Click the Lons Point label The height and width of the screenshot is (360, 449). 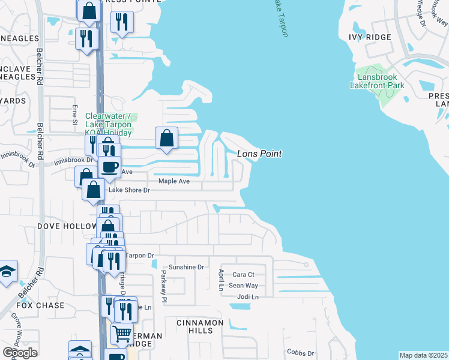click(x=259, y=154)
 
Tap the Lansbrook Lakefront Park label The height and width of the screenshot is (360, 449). click(x=377, y=81)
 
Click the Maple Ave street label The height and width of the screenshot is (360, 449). click(x=173, y=181)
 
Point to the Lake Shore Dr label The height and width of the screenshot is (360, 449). click(x=128, y=190)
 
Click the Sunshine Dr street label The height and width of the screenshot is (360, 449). click(x=186, y=267)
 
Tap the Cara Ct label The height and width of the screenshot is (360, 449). click(x=244, y=275)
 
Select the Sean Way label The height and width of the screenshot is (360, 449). click(x=244, y=286)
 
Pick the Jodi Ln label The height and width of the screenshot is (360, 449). click(x=247, y=296)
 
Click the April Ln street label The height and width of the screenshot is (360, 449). click(x=220, y=280)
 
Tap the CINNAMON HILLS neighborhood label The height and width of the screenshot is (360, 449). click(x=200, y=326)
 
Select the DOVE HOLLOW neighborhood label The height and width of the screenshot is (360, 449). click(x=67, y=226)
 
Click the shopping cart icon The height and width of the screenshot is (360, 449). click(x=122, y=332)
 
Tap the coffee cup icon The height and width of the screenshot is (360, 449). click(x=109, y=167)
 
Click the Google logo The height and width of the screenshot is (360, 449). click(x=20, y=353)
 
